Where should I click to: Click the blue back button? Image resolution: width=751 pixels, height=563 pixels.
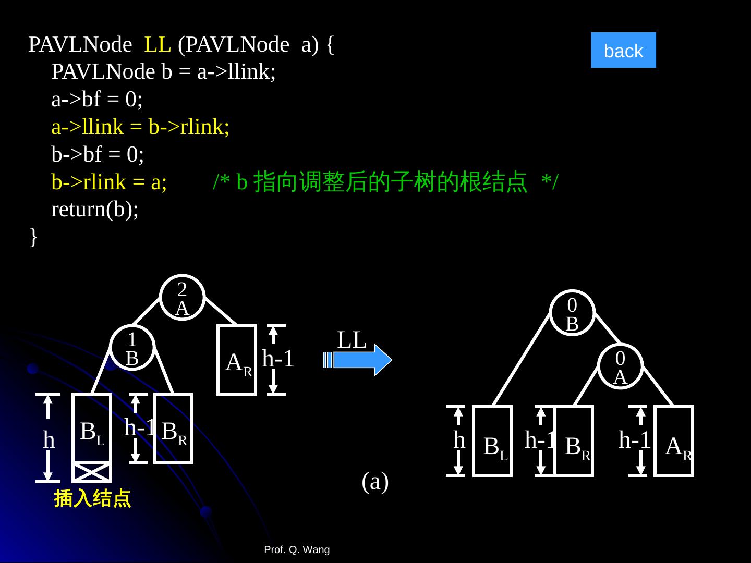pos(623,51)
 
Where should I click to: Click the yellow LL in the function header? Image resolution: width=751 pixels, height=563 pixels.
pos(158,45)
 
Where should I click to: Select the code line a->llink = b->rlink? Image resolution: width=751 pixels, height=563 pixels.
pos(140,127)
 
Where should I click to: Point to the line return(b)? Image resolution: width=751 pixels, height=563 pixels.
pos(95,210)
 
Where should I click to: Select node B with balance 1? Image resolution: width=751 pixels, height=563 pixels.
pos(132,348)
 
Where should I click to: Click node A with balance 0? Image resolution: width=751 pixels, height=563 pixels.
pos(620,366)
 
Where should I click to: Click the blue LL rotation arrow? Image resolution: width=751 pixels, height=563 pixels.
pos(360,360)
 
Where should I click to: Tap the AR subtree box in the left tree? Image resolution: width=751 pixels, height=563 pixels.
pos(237,360)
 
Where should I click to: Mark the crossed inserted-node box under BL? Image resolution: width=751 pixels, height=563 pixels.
pos(91,473)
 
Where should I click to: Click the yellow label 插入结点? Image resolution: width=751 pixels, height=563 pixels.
pos(92,499)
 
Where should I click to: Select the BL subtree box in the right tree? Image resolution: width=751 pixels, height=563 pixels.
pos(492,441)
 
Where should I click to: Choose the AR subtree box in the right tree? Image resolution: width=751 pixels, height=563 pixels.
pos(674,441)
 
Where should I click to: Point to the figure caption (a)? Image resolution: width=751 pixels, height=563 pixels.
pos(375,482)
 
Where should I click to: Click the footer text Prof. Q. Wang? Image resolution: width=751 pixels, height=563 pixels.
pos(297,549)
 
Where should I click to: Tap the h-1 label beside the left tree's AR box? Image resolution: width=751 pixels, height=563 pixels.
pos(278,359)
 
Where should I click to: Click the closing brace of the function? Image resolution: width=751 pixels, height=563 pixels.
pos(33,237)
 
